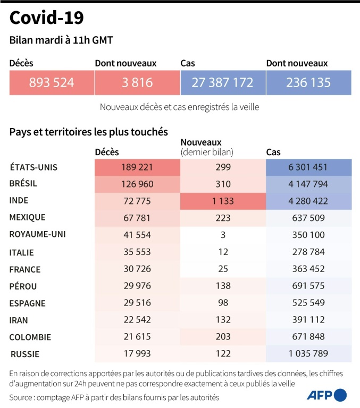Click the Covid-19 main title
click(46, 19)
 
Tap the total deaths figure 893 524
click(52, 83)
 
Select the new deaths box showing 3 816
click(137, 83)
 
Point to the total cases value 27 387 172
click(223, 83)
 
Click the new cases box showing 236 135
click(308, 83)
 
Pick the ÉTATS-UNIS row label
click(34, 167)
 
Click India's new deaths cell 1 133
click(223, 201)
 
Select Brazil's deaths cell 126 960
click(137, 184)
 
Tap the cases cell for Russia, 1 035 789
click(308, 353)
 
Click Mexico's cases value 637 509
click(308, 217)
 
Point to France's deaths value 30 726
click(137, 269)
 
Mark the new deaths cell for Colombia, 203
click(223, 337)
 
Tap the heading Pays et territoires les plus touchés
click(89, 131)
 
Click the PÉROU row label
click(24, 286)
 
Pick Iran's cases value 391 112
click(308, 320)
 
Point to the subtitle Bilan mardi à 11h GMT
click(61, 41)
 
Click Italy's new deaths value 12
click(223, 252)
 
